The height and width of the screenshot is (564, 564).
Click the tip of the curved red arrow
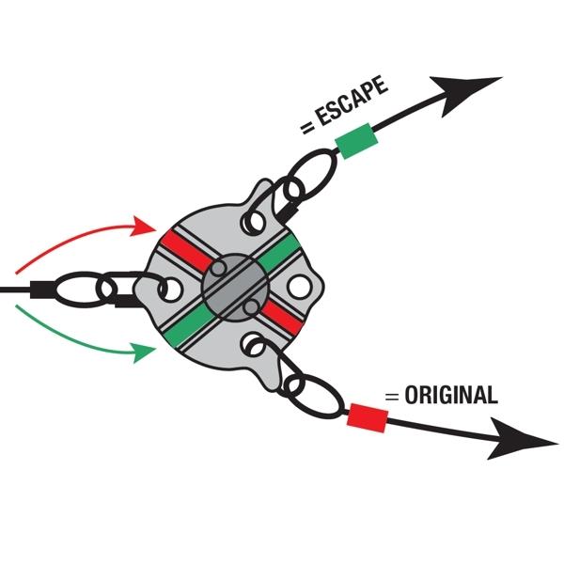point(150,227)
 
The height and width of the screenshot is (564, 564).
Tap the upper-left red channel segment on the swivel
point(185,250)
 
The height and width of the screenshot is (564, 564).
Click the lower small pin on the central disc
point(249,306)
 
